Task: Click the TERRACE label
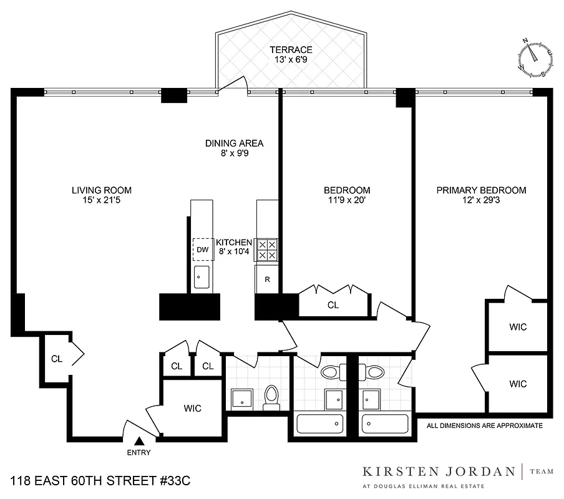291,49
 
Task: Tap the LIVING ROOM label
101,190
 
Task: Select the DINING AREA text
234,143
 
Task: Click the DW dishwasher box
202,249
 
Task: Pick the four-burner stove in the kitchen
268,249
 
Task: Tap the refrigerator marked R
267,279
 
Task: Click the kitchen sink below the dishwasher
202,276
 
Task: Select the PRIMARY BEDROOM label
480,190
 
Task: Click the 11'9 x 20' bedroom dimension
346,201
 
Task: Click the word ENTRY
139,453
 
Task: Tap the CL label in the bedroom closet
333,306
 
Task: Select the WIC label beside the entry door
192,409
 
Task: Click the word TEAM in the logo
542,472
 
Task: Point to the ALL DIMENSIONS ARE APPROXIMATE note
484,426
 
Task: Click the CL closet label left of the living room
57,359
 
